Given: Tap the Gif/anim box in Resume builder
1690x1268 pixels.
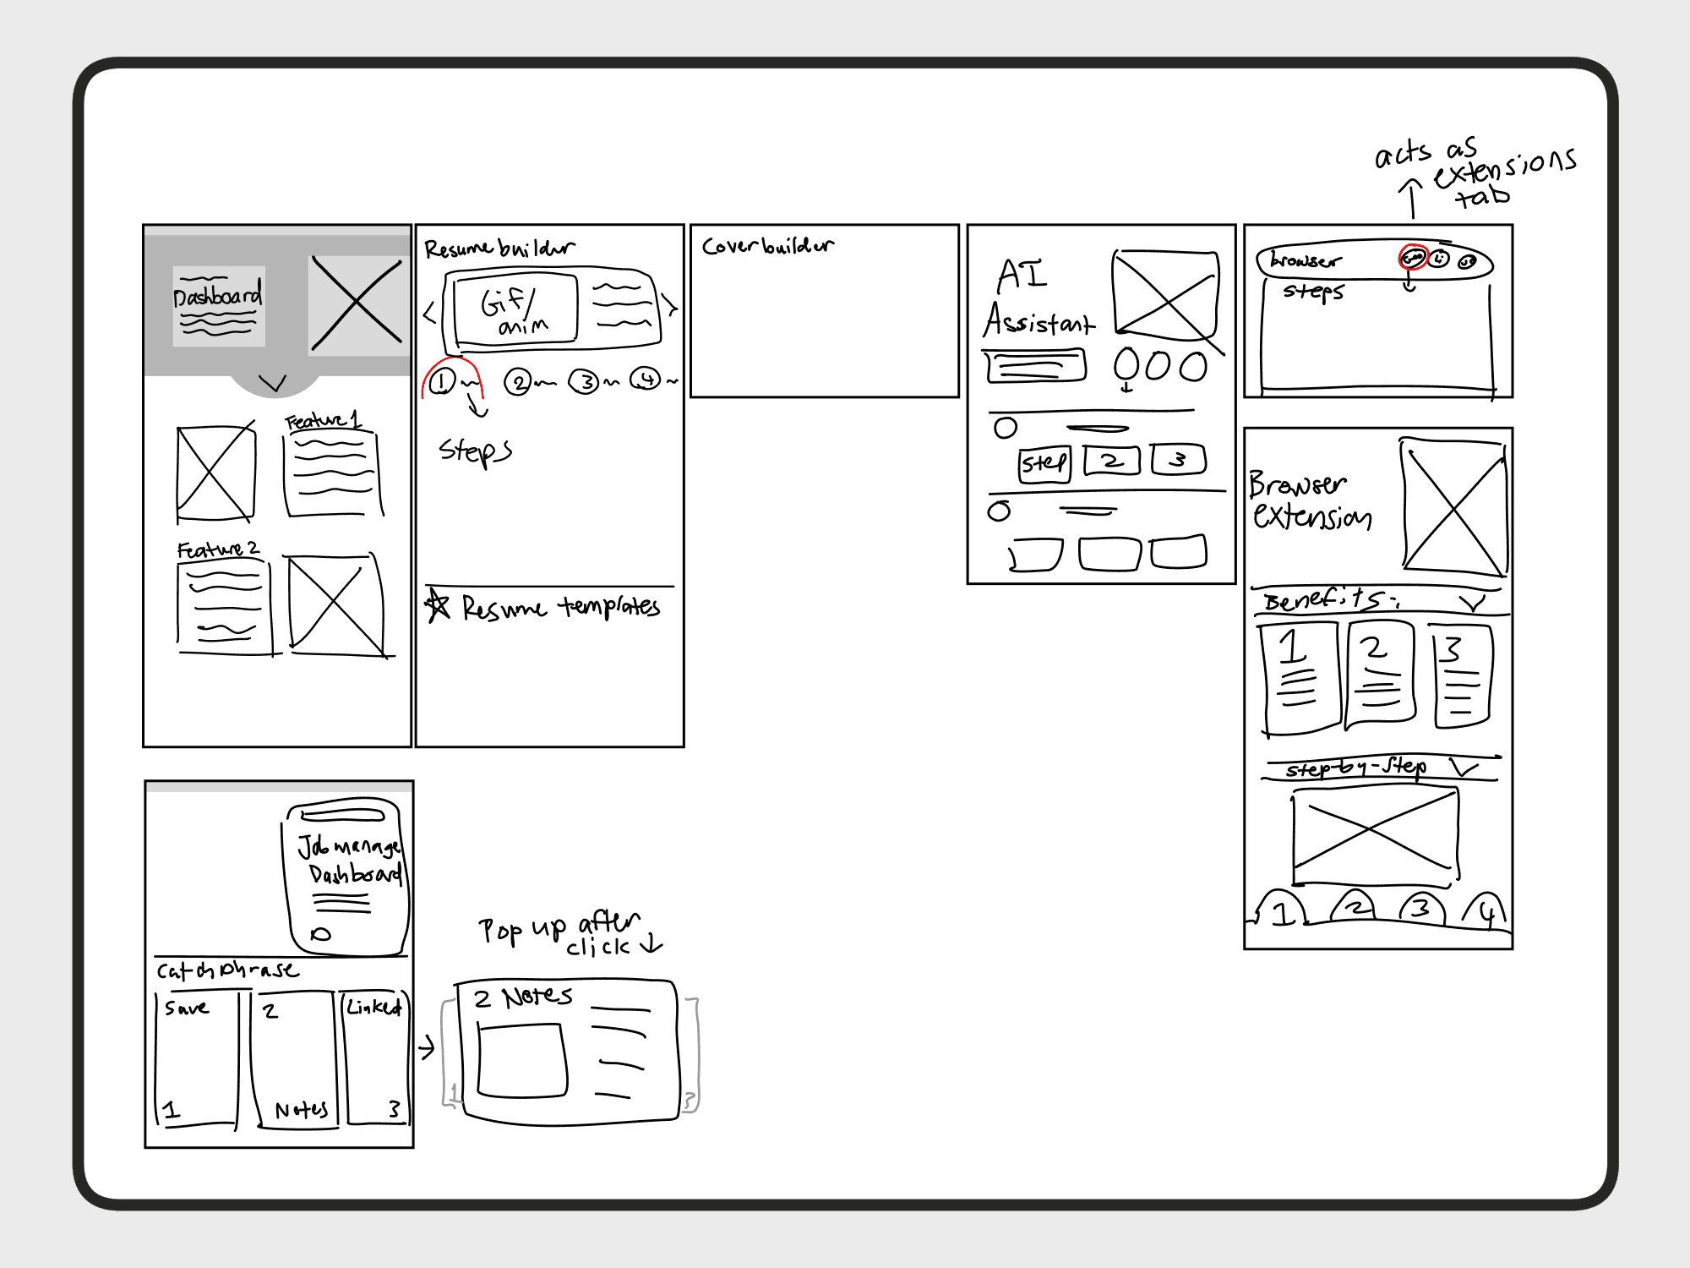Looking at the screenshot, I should coord(515,311).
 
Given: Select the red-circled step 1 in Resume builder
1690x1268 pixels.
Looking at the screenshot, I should coord(442,382).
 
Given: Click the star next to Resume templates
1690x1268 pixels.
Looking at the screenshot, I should coord(438,605).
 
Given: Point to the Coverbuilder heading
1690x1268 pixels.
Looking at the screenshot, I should coord(767,246).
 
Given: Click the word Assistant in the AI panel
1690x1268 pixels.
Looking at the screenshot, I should coord(1039,321).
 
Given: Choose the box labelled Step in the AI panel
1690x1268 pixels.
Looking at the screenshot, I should coord(1044,463).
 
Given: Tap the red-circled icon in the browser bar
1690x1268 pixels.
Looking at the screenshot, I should coord(1413,257).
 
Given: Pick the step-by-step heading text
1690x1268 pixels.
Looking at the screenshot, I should coord(1355,768).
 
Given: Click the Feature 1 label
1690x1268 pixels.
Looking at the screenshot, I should coord(323,420).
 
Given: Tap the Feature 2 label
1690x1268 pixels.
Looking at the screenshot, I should coord(218,549).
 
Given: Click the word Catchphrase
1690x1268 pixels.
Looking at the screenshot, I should coord(227,970).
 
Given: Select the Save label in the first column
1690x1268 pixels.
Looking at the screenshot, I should coord(187,1008).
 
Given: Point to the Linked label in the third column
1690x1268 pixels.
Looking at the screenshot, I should coord(373,1007).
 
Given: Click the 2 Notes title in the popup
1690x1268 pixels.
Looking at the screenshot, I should coord(524,997).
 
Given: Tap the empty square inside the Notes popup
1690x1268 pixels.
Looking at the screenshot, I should coord(521,1061).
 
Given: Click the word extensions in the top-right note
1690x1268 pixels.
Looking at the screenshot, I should coord(1505,168).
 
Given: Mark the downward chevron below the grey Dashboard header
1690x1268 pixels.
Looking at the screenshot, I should coord(273,384).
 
